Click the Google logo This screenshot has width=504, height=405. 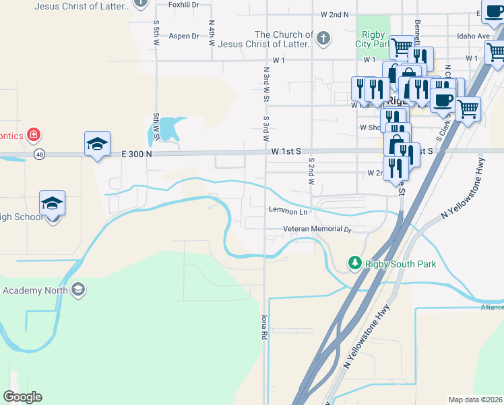pyautogui.click(x=22, y=397)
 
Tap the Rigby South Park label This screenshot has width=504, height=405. pyautogui.click(x=401, y=264)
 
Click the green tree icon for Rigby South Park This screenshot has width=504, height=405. pyautogui.click(x=354, y=263)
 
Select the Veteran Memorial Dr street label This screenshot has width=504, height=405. pyautogui.click(x=308, y=230)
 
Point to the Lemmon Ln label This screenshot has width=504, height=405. pyautogui.click(x=288, y=211)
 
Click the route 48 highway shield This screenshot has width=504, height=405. pyautogui.click(x=40, y=154)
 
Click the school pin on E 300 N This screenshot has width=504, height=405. pyautogui.click(x=98, y=144)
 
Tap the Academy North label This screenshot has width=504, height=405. pyautogui.click(x=34, y=290)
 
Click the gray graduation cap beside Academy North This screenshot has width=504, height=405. pyautogui.click(x=78, y=290)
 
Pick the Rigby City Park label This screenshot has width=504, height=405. pyautogui.click(x=373, y=39)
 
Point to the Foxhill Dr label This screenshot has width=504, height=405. pyautogui.click(x=184, y=4)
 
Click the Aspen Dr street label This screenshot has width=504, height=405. pyautogui.click(x=184, y=36)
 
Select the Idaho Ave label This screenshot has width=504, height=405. pyautogui.click(x=473, y=36)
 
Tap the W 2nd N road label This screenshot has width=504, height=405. pyautogui.click(x=335, y=14)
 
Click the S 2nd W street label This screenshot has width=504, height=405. pyautogui.click(x=312, y=172)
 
